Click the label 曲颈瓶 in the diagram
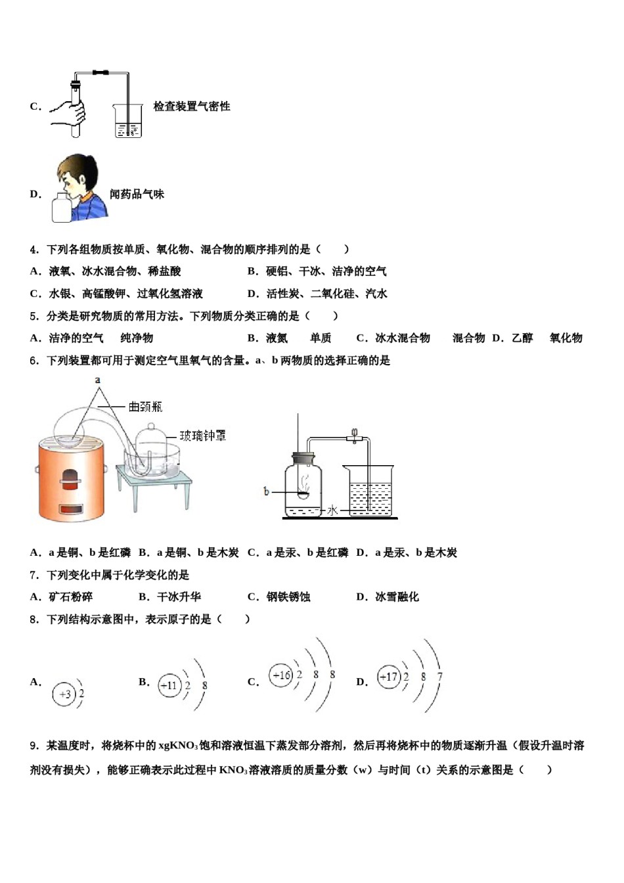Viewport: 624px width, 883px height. [145, 407]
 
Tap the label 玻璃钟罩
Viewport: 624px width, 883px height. [203, 436]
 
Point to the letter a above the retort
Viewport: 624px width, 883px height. [97, 380]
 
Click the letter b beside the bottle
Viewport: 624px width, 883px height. [266, 491]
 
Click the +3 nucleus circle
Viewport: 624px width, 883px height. [64, 694]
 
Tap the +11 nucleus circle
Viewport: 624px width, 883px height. [169, 685]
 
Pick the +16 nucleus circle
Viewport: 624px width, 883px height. [281, 675]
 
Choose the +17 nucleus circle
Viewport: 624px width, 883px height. [389, 677]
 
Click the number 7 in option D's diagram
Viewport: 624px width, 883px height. [439, 677]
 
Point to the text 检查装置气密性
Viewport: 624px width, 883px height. [192, 106]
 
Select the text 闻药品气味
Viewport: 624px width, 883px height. [137, 194]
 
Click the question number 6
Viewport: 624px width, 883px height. [34, 361]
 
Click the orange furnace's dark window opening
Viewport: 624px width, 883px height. [70, 478]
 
